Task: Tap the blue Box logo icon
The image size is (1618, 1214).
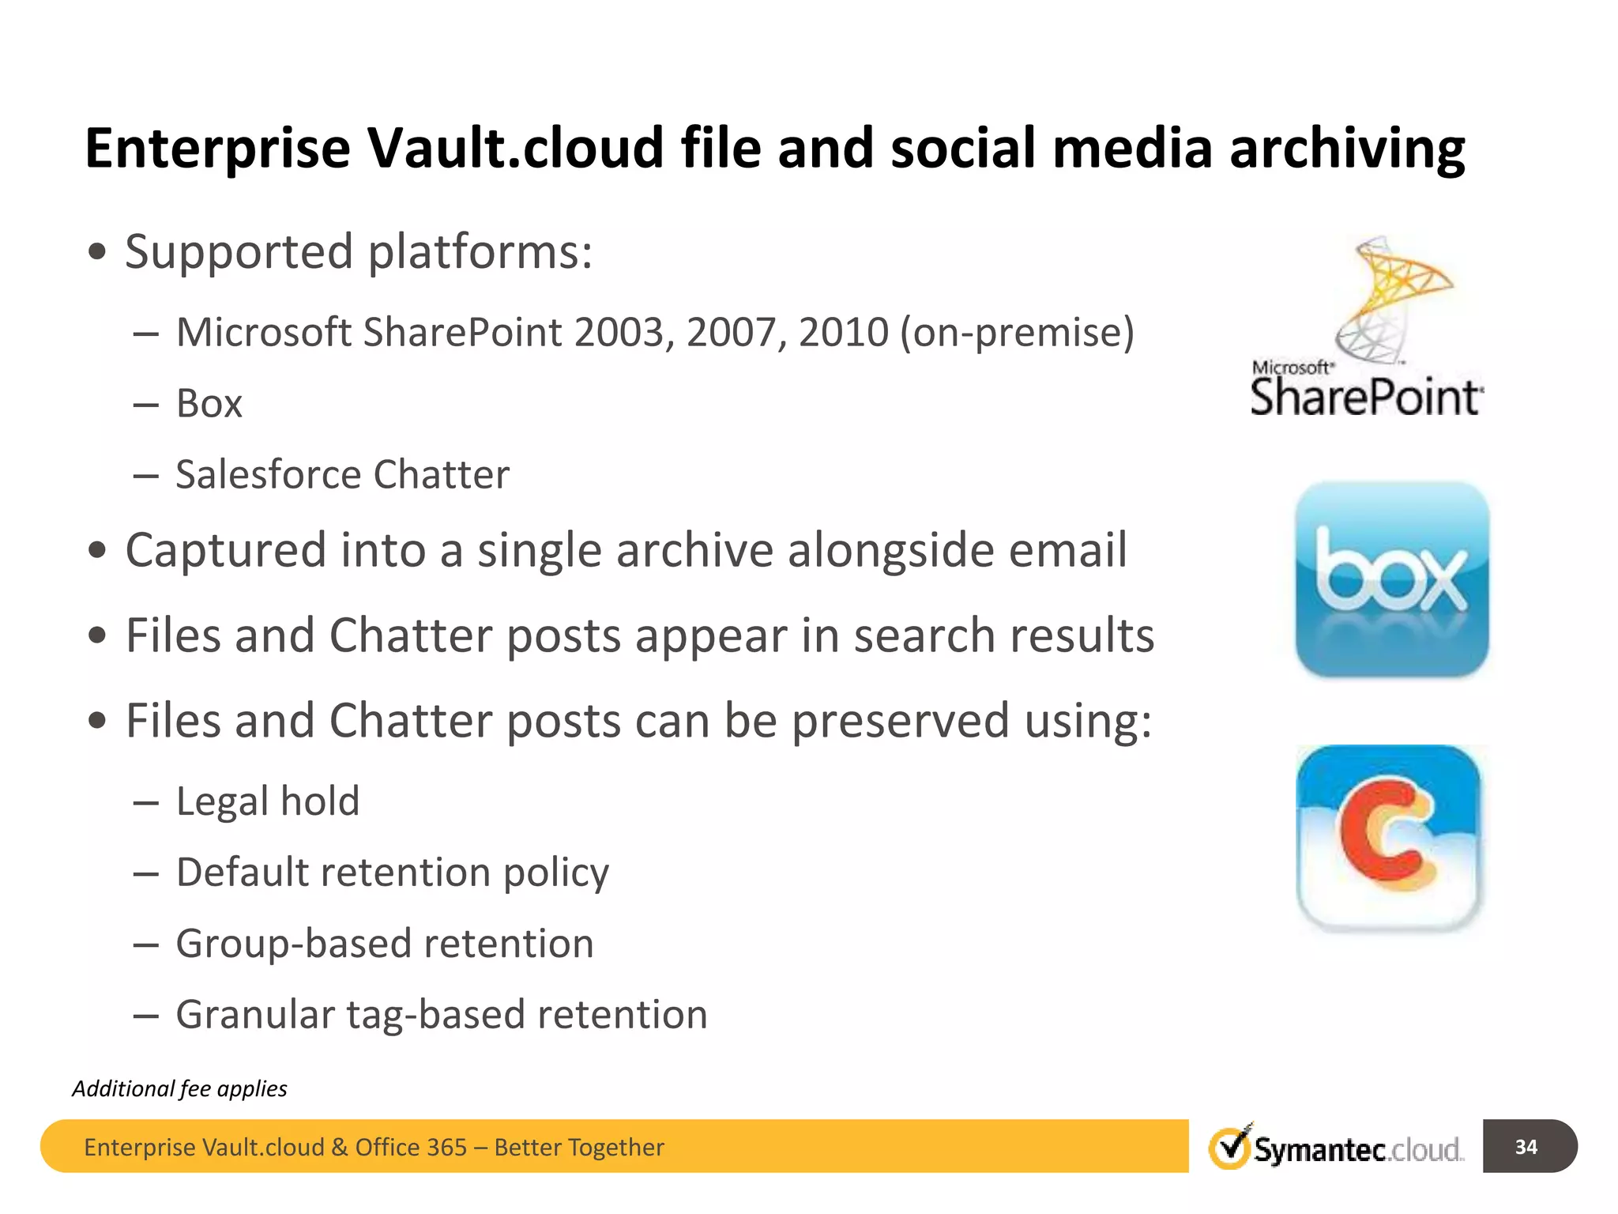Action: [1392, 579]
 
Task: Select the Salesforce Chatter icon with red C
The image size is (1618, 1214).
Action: [1389, 838]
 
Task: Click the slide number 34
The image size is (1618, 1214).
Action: [1526, 1147]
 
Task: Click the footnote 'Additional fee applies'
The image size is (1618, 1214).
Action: [179, 1089]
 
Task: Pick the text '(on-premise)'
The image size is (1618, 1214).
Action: [1017, 332]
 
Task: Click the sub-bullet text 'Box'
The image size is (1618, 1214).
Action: [209, 404]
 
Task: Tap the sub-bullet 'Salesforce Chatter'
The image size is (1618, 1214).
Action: [342, 475]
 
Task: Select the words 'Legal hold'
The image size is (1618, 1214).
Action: [268, 801]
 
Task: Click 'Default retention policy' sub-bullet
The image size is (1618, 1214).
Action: [392, 873]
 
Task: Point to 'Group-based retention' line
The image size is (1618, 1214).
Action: [384, 944]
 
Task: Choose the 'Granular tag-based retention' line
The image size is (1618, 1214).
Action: [441, 1015]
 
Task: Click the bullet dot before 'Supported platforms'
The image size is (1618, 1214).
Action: [97, 253]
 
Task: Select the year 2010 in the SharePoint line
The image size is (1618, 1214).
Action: [843, 332]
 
